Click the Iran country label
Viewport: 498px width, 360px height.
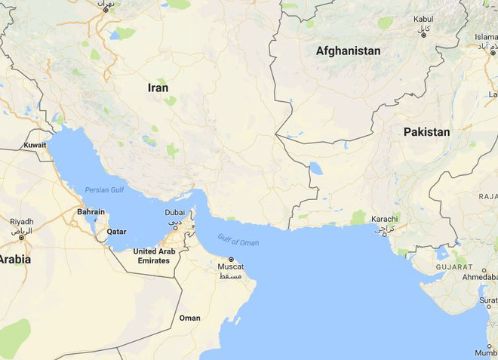[158, 88]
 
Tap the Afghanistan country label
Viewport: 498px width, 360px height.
[348, 51]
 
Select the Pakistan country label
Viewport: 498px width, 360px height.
[426, 132]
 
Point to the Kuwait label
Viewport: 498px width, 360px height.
[35, 144]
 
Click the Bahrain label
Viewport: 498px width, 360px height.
[91, 212]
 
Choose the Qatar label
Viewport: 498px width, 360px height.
[116, 232]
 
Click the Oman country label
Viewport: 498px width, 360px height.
[190, 318]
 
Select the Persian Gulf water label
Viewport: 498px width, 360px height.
[104, 190]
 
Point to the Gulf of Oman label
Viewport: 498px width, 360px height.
[238, 241]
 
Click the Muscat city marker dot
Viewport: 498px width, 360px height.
[232, 260]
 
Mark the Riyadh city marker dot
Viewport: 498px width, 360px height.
[21, 238]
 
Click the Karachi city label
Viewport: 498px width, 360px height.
[383, 219]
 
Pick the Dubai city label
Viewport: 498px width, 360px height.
[174, 213]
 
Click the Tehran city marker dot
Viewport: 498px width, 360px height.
[105, 10]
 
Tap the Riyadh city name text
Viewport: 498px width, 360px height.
[21, 222]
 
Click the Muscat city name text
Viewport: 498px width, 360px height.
[231, 267]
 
